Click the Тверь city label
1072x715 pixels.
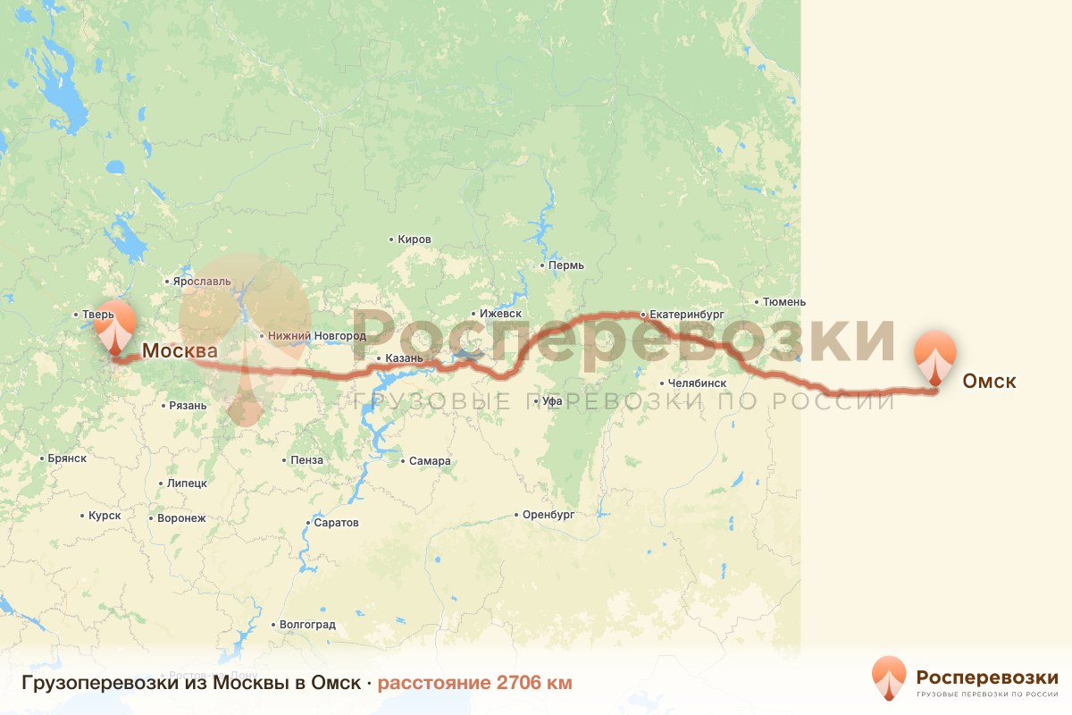[97, 315]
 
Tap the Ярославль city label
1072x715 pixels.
[197, 282]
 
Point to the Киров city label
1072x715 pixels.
[415, 240]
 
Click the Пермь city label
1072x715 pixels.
[566, 265]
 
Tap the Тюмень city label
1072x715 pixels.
[785, 302]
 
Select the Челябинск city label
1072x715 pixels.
[696, 383]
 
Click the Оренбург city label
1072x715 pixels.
[549, 515]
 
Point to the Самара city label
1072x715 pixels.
[430, 461]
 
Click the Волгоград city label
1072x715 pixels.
[307, 625]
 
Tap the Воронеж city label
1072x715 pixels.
[180, 517]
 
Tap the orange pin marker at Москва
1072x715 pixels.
[115, 330]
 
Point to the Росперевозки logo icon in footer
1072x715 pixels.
[888, 677]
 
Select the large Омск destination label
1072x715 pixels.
[989, 383]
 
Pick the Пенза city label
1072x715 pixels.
[306, 460]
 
